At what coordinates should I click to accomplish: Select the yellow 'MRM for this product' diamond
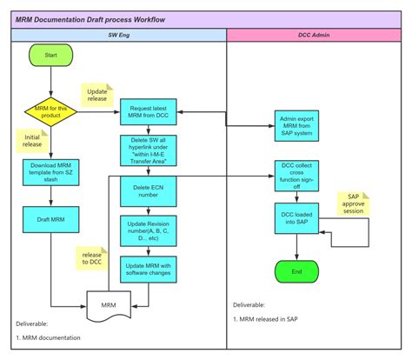click(x=50, y=111)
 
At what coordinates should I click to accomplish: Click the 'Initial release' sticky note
click(x=33, y=142)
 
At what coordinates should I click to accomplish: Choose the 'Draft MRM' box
click(x=50, y=219)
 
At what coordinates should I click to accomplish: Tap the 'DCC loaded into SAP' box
click(x=298, y=219)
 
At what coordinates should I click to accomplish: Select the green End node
click(x=298, y=270)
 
